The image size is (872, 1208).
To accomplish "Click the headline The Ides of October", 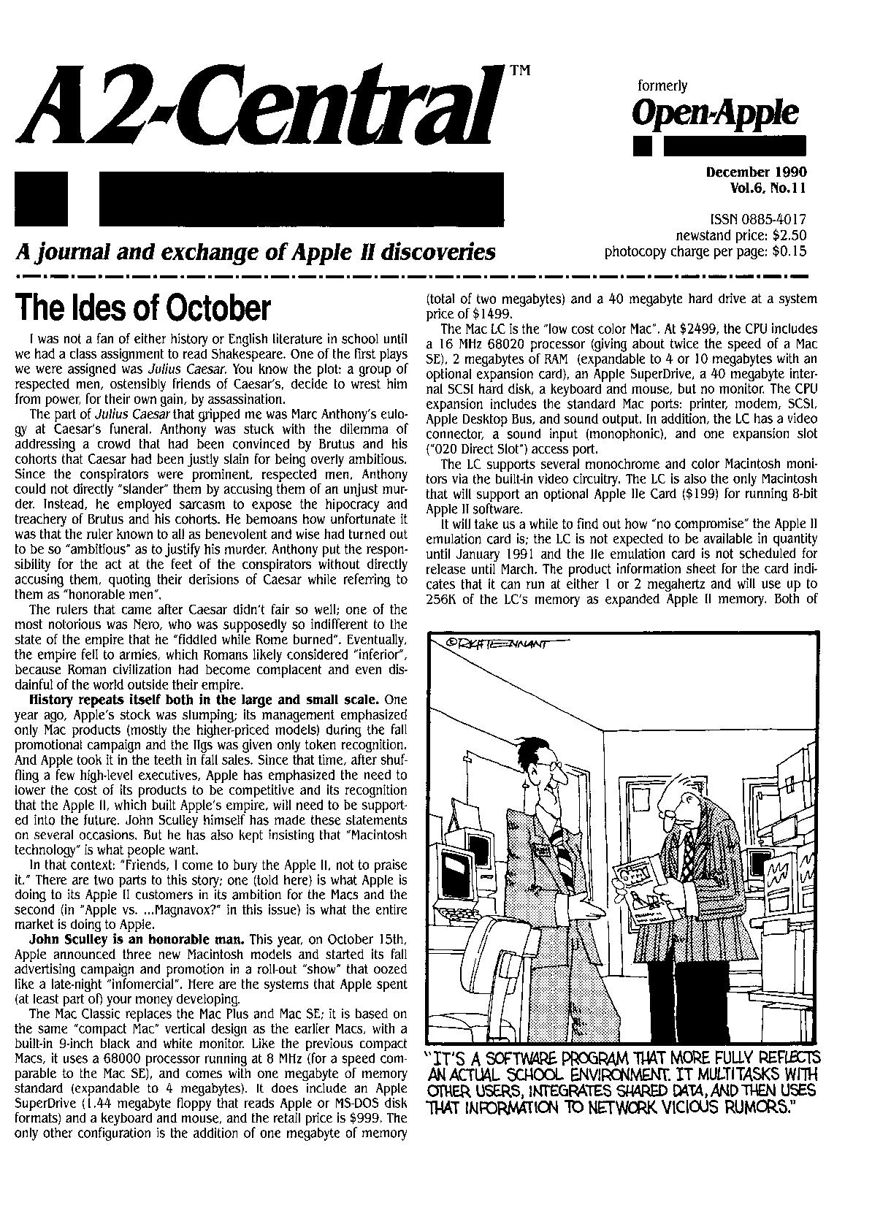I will coord(143,307).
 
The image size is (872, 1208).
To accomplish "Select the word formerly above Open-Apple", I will coord(662,86).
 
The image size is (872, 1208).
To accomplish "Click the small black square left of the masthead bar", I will coord(41,198).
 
